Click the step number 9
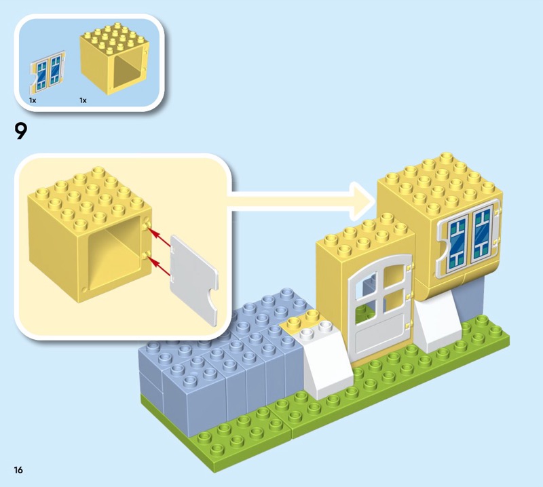pyautogui.click(x=20, y=132)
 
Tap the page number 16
pyautogui.click(x=18, y=469)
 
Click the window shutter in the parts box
pyautogui.click(x=48, y=72)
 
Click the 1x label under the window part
pyautogui.click(x=33, y=100)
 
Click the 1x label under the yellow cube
pyautogui.click(x=83, y=100)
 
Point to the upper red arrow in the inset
pyautogui.click(x=162, y=239)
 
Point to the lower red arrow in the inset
pyautogui.click(x=162, y=267)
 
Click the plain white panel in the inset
pyautogui.click(x=194, y=279)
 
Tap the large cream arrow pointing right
pyautogui.click(x=301, y=200)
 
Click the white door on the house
pyautogui.click(x=380, y=307)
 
